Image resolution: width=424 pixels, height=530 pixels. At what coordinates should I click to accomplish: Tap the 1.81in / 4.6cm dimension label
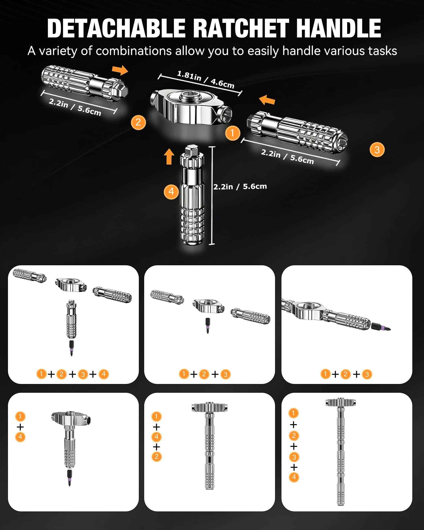[x=206, y=79]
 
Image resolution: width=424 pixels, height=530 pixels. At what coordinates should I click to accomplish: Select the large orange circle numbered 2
[x=138, y=122]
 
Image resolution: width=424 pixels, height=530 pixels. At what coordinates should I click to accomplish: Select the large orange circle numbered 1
[x=232, y=133]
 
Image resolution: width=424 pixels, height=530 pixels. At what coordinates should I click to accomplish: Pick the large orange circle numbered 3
[x=377, y=150]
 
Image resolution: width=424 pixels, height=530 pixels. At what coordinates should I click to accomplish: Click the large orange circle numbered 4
[x=171, y=191]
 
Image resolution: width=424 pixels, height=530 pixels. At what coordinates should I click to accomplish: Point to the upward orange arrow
[x=169, y=156]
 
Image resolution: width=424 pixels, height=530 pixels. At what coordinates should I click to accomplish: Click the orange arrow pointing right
[x=120, y=70]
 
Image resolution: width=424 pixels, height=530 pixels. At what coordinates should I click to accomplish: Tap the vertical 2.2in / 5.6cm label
[x=240, y=187]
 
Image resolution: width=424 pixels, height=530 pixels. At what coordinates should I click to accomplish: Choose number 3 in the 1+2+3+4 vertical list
[x=294, y=457]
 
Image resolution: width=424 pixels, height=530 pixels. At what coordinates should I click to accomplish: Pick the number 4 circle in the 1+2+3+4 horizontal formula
[x=104, y=374]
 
